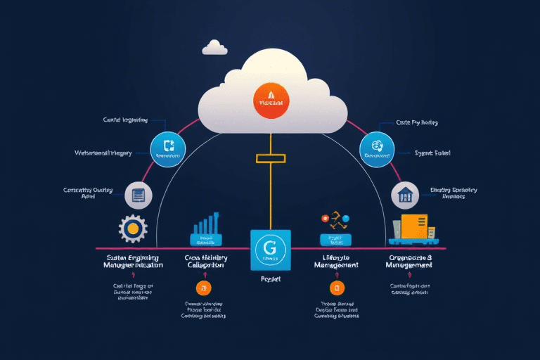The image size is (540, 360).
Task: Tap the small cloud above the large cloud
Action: click(214, 48)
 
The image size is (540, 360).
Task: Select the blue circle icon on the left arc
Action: click(167, 149)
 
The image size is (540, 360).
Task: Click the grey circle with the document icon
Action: click(138, 195)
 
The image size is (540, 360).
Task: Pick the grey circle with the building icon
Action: click(404, 195)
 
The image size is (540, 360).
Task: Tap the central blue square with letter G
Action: click(270, 250)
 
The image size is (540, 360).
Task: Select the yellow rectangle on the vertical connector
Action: click(271, 157)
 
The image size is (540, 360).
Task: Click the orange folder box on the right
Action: click(414, 226)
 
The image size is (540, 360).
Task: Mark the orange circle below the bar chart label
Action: click(204, 288)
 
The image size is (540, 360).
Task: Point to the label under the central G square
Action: click(270, 278)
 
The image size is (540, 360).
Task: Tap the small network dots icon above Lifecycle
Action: click(335, 221)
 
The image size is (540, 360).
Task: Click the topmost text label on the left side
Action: click(124, 120)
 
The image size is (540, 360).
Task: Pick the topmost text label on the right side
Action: click(417, 122)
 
